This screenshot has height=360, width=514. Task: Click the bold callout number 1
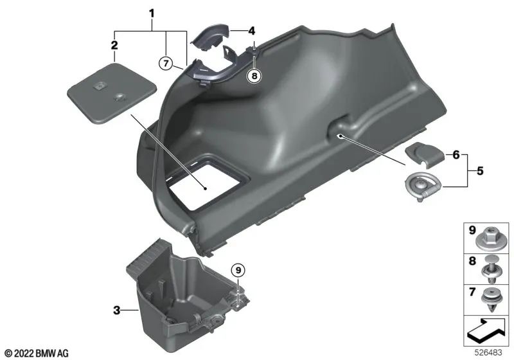coord(152,12)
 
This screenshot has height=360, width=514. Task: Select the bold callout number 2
coord(114,45)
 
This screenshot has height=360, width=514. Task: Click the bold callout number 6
coord(457,155)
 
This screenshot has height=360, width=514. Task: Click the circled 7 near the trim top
coord(166,62)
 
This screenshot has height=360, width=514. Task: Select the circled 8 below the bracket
coord(255,76)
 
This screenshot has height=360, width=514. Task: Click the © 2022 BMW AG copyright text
coord(36,353)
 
